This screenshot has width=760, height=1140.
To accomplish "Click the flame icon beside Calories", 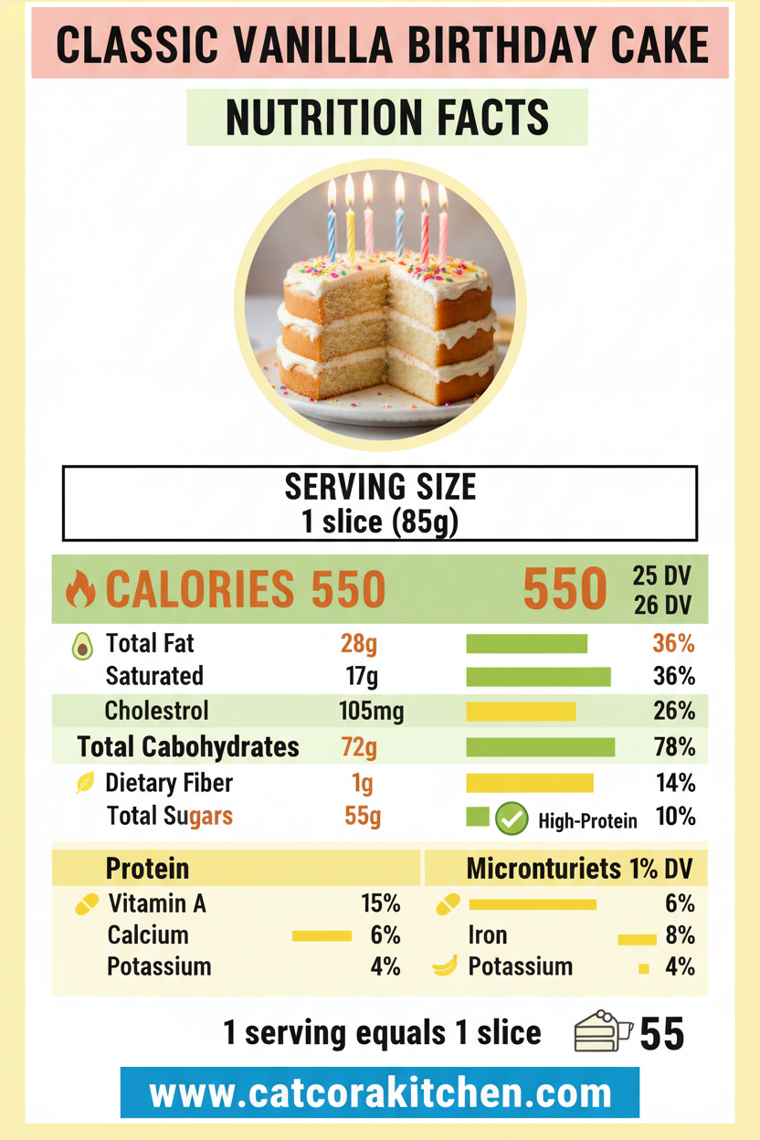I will tap(80, 590).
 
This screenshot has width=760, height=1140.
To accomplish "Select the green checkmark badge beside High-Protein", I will tap(511, 819).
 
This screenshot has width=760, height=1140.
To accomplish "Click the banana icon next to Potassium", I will tap(445, 966).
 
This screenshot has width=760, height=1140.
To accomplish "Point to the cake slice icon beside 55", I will tap(603, 1033).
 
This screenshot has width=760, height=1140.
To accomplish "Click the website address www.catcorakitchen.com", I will tap(380, 1092).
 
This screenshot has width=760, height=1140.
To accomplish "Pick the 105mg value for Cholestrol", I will tap(371, 711).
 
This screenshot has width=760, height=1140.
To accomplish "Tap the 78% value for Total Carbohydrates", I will tap(675, 747).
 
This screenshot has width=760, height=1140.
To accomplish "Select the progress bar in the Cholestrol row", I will tap(521, 712).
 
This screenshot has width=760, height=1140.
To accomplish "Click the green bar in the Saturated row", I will tap(538, 677).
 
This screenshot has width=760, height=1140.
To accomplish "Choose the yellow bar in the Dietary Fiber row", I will tap(530, 783).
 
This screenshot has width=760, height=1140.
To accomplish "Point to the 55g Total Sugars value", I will tap(363, 817).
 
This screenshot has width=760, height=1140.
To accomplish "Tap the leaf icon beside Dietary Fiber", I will tap(84, 783).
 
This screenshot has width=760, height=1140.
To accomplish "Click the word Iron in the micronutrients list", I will tap(488, 935).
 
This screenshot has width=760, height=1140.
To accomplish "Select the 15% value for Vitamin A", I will tap(380, 904).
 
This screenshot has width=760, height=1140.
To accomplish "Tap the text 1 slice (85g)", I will tap(379, 522).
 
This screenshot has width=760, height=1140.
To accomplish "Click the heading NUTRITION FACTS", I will tap(387, 118).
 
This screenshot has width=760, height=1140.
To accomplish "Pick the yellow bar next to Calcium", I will tap(322, 935).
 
